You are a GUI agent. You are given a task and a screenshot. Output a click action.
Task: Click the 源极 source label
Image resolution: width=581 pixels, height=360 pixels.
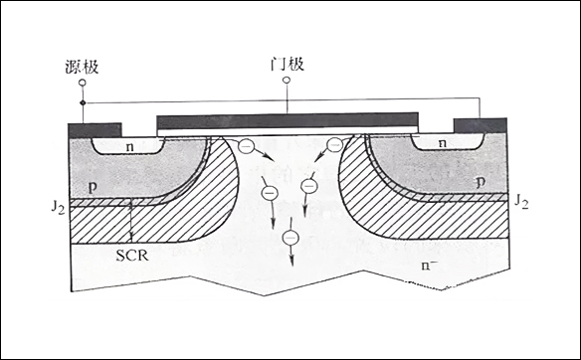82,67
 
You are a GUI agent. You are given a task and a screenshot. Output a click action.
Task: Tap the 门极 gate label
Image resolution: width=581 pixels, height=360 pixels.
288,64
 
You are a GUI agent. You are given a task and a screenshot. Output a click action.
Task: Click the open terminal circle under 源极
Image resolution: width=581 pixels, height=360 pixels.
83,83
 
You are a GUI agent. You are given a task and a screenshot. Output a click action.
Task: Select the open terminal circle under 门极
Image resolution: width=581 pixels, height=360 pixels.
287,80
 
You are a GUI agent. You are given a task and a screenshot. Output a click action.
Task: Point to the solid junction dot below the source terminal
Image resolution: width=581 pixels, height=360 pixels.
83,102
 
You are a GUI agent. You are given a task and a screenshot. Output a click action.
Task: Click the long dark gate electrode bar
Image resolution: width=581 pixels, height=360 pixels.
288,120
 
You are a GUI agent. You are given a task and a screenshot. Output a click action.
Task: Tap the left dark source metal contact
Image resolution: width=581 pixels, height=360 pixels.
95,130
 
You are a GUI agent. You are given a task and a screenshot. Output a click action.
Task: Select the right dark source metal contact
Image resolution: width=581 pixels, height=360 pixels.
481,126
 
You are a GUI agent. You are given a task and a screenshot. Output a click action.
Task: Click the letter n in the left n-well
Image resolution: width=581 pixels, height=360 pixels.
129,147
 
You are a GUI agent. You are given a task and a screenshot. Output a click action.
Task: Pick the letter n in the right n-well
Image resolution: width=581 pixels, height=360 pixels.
443,144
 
